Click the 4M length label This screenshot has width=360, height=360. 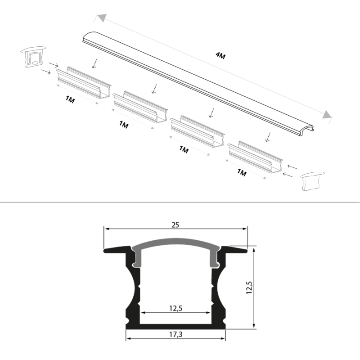click(220, 56)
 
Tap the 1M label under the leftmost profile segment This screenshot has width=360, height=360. click(70, 100)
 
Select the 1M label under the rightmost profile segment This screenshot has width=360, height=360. click(242, 172)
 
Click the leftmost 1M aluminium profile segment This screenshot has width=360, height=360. click(83, 83)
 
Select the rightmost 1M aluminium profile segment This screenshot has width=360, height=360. click(255, 158)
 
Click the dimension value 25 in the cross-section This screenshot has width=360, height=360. click(175, 224)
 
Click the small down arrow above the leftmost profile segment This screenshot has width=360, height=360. click(94, 63)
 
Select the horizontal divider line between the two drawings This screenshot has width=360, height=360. click(180, 202)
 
